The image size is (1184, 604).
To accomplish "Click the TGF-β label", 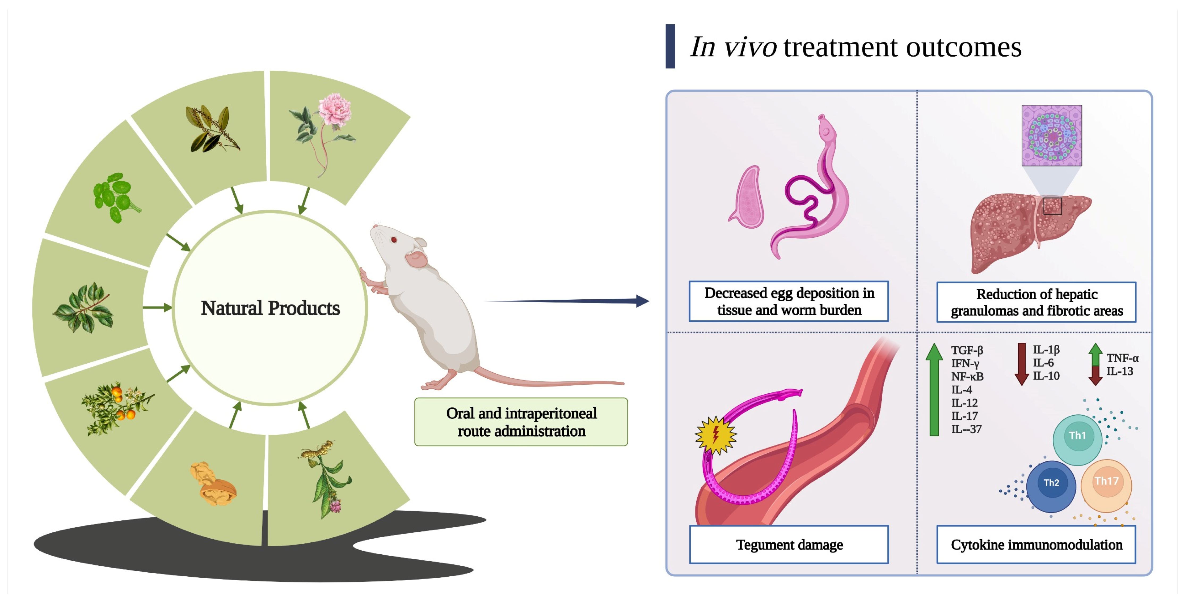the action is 967,350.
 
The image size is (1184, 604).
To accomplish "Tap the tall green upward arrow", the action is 934,389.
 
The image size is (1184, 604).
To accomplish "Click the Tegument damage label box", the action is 789,544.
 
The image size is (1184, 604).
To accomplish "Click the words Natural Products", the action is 270,308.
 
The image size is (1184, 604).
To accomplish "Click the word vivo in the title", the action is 750,47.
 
